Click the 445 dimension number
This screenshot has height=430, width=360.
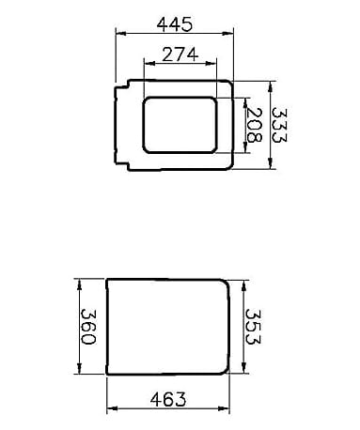coord(174,24)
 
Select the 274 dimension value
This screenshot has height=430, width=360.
coord(180,54)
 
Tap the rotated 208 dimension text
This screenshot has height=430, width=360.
coord(254,125)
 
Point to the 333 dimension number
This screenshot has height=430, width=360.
coord(278,125)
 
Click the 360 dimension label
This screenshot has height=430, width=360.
coord(88,327)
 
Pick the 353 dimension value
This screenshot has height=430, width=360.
coord(253,327)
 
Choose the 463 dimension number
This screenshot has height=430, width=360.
coord(168,399)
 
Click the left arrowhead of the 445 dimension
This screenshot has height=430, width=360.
coord(121,33)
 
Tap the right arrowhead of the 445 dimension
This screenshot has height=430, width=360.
coord(227,33)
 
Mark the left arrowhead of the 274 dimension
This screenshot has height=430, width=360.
coord(149,63)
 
